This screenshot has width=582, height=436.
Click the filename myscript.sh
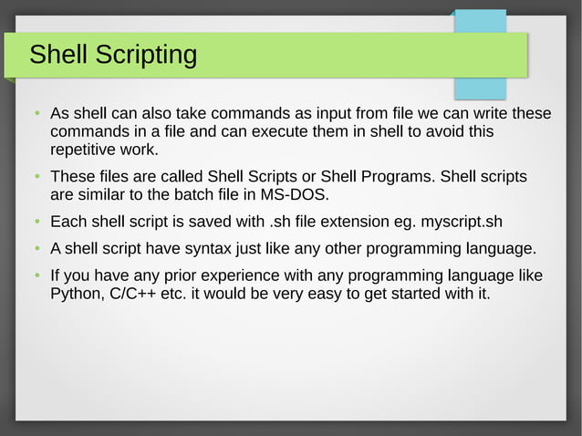462,222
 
